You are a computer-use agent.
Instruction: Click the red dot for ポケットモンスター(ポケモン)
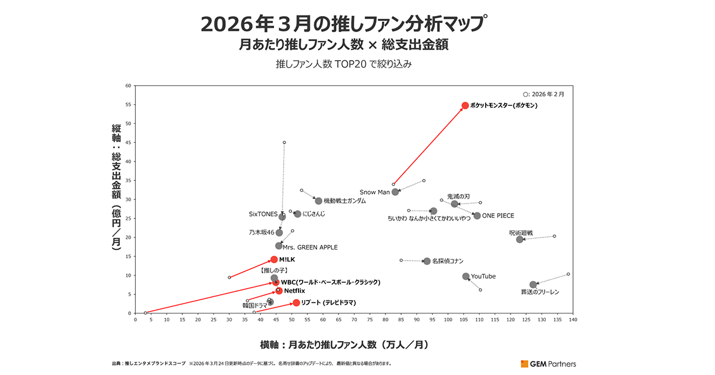[x=465, y=106]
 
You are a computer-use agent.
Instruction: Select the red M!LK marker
[x=274, y=260]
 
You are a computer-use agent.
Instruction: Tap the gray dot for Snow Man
[x=395, y=192]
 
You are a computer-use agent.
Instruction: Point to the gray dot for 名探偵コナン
[x=427, y=261]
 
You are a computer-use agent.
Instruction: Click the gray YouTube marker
[x=466, y=276]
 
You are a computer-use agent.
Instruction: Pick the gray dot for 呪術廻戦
[x=520, y=239]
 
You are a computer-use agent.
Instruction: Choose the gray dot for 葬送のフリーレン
[x=533, y=285]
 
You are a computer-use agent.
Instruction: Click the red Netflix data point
[x=279, y=290]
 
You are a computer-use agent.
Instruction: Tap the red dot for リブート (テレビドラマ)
[x=296, y=303]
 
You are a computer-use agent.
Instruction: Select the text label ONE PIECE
[x=498, y=216]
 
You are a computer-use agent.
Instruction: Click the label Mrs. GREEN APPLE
[x=310, y=246]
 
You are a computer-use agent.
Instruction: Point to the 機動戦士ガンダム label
[x=344, y=201]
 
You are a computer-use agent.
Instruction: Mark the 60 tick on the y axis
[x=128, y=86]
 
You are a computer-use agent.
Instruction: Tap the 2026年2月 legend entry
[x=543, y=94]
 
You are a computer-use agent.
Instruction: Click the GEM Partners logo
[x=548, y=364]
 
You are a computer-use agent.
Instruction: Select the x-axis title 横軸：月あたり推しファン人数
[x=344, y=345]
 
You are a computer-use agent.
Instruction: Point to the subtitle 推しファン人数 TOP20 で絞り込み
[x=344, y=64]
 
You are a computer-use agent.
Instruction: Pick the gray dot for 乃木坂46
[x=279, y=233]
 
